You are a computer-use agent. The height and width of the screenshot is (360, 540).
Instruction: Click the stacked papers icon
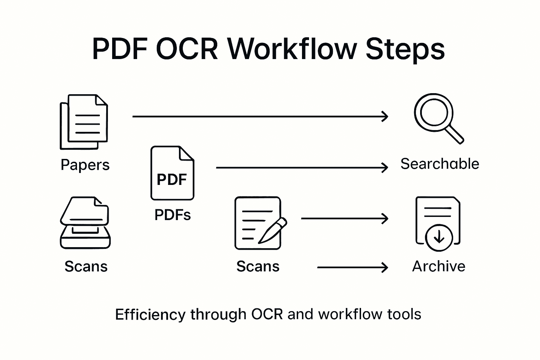[84, 122]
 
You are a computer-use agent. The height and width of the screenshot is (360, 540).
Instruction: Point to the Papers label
[85, 165]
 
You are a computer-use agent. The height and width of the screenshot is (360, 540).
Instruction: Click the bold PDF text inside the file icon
[172, 179]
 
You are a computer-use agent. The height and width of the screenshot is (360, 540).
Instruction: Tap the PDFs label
[172, 214]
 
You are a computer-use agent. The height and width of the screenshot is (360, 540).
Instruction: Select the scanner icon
[85, 223]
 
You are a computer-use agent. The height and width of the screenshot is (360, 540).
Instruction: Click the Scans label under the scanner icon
[86, 266]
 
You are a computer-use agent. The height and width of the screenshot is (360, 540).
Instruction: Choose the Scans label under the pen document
[258, 266]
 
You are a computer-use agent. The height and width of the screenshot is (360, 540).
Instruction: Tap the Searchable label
[439, 164]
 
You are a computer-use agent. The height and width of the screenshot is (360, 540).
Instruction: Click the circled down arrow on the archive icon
[438, 238]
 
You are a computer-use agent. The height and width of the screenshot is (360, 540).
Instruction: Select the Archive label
[438, 266]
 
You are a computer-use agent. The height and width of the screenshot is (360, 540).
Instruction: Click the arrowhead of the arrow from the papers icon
[385, 116]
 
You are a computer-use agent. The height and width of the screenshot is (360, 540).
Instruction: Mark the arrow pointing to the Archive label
[352, 268]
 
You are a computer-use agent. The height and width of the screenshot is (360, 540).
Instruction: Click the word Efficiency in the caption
[150, 314]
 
